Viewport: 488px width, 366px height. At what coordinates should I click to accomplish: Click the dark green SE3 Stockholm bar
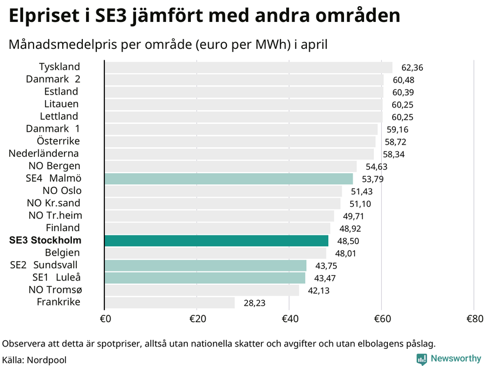217,241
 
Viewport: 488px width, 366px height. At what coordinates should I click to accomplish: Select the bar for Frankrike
170,303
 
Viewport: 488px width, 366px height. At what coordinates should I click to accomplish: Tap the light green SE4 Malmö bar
229,179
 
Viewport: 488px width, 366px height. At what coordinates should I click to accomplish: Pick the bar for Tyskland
248,67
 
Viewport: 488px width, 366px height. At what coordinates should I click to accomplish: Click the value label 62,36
412,68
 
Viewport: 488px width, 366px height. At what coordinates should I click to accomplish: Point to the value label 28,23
254,303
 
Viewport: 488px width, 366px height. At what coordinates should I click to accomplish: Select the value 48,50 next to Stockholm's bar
348,242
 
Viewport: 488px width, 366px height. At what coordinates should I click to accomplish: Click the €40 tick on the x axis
290,318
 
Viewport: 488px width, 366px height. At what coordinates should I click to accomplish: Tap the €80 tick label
475,318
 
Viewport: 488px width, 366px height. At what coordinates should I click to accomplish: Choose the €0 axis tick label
105,318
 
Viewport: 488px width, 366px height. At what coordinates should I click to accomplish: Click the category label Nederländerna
43,154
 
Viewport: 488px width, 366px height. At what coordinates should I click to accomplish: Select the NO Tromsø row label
54,290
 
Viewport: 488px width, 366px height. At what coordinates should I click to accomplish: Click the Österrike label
58,142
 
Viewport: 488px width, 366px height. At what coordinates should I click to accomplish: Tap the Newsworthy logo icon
422,359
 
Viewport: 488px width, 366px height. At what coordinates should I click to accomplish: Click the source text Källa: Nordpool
34,360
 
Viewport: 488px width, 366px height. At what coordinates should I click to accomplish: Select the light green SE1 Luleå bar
205,278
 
